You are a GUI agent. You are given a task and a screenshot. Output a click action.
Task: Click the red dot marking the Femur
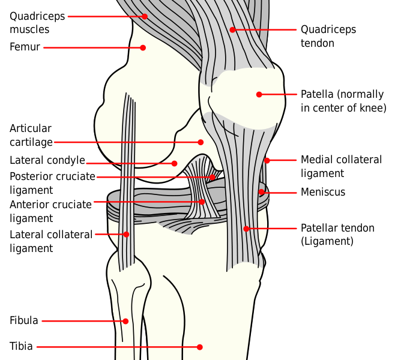click(143, 47)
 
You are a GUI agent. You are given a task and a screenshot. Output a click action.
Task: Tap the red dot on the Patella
click(259, 94)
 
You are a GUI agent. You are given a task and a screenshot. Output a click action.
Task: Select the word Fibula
click(24, 320)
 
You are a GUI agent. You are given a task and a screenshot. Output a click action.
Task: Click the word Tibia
click(21, 346)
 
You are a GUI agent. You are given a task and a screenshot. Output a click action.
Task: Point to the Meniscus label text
click(323, 192)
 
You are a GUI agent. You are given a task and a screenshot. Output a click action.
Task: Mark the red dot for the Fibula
click(125, 321)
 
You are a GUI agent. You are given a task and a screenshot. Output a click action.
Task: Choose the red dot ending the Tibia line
click(199, 347)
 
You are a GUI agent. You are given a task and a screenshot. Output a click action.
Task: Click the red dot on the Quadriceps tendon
click(232, 30)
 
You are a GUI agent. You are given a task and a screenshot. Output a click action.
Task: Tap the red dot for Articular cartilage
click(201, 142)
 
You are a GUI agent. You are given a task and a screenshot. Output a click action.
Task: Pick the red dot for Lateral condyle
click(174, 163)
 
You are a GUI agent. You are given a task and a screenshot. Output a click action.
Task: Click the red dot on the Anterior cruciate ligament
click(202, 202)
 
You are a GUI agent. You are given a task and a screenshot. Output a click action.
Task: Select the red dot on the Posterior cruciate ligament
click(213, 177)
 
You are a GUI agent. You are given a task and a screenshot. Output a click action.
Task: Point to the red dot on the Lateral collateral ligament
click(126, 235)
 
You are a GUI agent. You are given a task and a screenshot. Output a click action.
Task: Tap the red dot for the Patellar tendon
click(246, 229)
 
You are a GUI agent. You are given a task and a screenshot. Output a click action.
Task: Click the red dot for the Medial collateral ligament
click(267, 160)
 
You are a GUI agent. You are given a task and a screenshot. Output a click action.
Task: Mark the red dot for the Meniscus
click(262, 192)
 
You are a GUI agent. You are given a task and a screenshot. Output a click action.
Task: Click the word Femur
click(25, 47)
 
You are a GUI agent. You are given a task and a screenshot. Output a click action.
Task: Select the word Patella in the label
click(317, 94)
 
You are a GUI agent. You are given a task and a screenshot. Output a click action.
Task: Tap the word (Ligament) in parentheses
click(327, 241)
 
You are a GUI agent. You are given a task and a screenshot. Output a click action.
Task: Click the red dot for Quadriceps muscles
click(145, 16)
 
